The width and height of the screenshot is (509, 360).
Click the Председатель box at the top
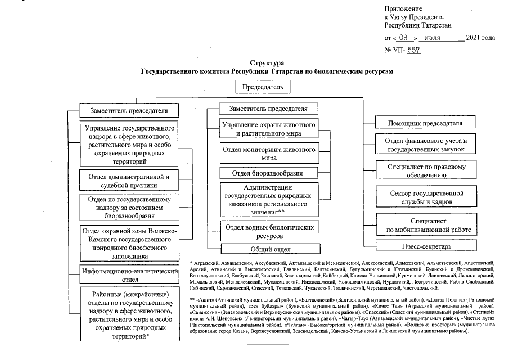(266, 88)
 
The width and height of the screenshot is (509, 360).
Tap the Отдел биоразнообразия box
(267, 173)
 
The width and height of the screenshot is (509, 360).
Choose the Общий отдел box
(268, 249)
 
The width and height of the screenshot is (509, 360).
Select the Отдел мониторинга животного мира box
(267, 154)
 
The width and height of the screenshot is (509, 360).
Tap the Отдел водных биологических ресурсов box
(268, 231)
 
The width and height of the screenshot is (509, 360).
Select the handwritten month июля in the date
(440, 38)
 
